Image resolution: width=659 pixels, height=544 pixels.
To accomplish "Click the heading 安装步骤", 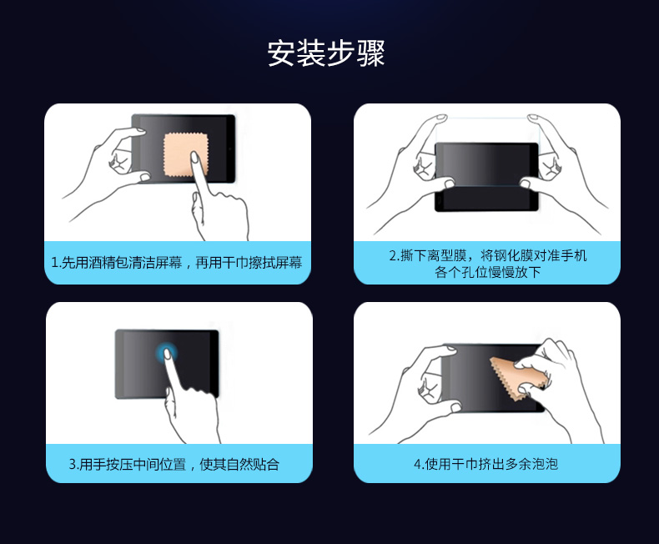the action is [326, 53].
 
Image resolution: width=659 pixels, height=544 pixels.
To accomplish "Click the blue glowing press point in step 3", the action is [167, 353].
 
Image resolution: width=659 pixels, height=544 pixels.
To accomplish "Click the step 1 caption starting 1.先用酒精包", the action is [177, 263].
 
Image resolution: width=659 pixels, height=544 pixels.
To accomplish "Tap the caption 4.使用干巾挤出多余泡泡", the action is [485, 464].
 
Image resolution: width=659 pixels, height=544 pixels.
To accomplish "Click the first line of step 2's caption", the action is [487, 255].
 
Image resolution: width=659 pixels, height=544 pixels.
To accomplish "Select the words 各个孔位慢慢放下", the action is [487, 272].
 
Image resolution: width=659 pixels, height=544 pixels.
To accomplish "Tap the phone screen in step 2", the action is [486, 177].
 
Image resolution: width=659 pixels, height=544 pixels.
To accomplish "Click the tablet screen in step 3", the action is [167, 364].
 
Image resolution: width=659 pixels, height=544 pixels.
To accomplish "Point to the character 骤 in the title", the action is [371, 53].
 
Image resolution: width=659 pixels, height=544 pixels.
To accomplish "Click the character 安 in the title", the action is [281, 53].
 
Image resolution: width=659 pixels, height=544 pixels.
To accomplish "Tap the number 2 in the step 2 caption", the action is [393, 255].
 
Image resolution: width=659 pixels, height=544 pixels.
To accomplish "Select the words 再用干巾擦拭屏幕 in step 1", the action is [249, 263].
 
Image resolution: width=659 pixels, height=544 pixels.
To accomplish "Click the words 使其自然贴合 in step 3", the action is [239, 464].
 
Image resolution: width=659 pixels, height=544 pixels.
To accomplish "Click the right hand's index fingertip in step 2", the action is [533, 117].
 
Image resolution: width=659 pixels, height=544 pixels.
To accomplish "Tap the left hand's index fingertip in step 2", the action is [441, 117].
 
